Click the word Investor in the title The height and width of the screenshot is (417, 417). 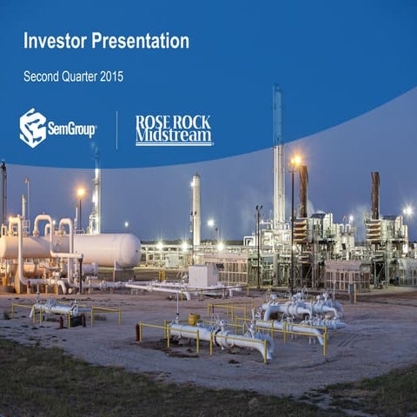54,41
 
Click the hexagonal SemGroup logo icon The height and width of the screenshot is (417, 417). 33,128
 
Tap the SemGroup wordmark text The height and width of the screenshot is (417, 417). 72,129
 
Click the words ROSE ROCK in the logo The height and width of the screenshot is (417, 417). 174,122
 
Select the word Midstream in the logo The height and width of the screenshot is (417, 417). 174,136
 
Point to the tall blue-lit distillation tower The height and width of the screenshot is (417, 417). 278,156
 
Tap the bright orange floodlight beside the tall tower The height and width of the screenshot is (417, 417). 296,161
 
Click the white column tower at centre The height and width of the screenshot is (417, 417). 196,208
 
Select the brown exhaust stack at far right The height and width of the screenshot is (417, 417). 375,195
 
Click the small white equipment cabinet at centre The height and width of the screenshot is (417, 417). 203,275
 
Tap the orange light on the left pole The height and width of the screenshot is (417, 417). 81,192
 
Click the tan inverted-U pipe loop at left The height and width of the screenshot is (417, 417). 43,226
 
